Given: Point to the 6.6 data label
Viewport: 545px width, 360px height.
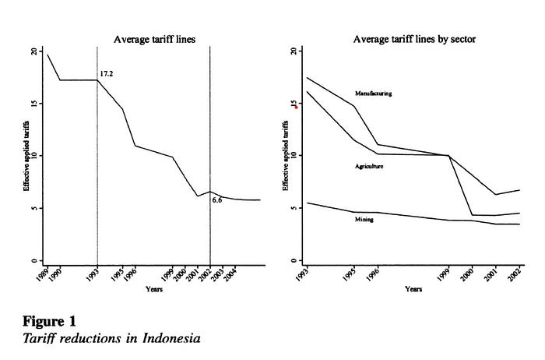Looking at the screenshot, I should (217, 200).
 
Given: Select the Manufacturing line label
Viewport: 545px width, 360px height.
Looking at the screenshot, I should (373, 94).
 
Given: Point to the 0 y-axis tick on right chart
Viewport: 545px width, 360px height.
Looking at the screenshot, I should (291, 260).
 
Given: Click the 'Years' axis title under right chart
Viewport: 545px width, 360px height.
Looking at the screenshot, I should (413, 289).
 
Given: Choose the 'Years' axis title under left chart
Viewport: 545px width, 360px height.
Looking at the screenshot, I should (154, 289).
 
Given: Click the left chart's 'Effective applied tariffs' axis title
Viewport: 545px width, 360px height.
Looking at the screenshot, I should (26, 155).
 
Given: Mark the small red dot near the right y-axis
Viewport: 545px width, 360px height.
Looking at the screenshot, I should (285, 107).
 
